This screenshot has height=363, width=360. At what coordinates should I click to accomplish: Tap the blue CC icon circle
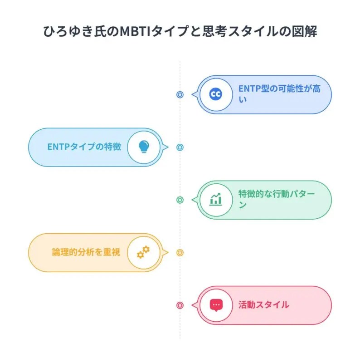(x=216, y=94)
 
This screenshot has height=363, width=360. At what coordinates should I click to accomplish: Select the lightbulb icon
(x=144, y=147)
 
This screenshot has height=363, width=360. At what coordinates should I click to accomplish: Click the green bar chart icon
(x=216, y=199)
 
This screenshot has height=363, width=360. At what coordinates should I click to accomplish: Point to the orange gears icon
(x=143, y=252)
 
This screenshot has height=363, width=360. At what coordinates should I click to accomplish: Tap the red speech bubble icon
(x=216, y=305)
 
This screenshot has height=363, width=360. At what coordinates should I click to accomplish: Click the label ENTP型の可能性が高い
(x=279, y=94)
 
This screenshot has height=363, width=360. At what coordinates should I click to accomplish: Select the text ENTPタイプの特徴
(x=84, y=147)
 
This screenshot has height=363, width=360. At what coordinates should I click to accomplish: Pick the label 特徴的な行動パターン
(x=277, y=199)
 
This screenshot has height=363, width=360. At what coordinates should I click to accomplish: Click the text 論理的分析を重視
(x=86, y=252)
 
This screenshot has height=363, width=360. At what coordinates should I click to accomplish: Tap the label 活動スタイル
(x=263, y=305)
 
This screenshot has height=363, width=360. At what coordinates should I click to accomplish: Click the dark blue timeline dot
(x=180, y=94)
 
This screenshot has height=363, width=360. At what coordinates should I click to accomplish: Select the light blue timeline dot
(x=180, y=147)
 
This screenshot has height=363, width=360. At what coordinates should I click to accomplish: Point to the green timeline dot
(x=180, y=200)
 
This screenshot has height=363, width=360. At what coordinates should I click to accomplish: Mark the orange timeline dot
(x=180, y=252)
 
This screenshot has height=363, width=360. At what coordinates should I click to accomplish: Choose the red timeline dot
(x=180, y=305)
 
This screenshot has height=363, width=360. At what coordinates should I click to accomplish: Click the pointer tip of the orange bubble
(x=168, y=252)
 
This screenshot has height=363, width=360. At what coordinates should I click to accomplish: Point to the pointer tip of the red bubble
(x=192, y=305)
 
